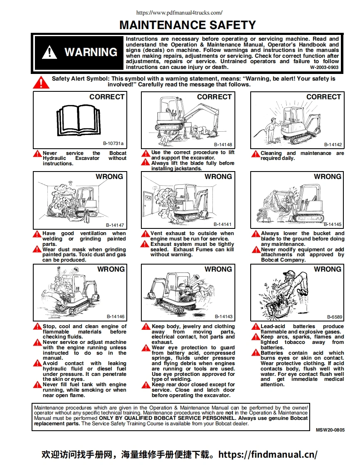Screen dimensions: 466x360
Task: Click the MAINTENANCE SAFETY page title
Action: tap(187, 25)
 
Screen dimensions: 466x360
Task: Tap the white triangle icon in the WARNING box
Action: tap(50, 52)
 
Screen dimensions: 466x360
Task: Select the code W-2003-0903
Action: tap(324, 67)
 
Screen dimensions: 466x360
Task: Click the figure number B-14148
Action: tap(223, 145)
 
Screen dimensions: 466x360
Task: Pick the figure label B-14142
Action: tap(333, 145)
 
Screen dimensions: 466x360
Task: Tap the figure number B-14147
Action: tap(115, 225)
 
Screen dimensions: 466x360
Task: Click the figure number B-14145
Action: tap(333, 224)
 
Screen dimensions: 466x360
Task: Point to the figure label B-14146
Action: tap(116, 316)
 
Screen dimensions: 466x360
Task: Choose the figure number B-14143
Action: tap(223, 316)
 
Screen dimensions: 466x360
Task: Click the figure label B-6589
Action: tap(335, 316)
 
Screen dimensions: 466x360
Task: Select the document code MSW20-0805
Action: tap(330, 430)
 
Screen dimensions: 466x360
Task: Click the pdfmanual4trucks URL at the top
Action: tap(180, 12)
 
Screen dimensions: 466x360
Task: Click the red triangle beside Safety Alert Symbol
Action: tap(41, 82)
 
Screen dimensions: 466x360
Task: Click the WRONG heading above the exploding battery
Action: tap(328, 269)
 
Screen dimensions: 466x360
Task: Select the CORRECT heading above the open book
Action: tap(107, 97)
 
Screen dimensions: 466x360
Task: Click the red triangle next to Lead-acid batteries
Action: tap(256, 327)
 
